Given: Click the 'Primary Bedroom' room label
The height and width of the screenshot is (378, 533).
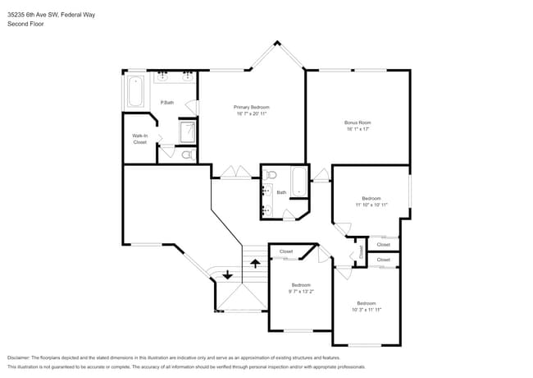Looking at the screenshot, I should click(251, 108).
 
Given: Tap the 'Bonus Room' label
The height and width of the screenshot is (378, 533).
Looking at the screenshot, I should click(358, 122).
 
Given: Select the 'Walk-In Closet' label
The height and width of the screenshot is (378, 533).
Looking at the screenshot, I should click(140, 139).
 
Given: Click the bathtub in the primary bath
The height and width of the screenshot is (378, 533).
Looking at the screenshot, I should click(134, 91).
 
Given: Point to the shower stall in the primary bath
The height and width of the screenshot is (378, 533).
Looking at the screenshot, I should click(188, 131).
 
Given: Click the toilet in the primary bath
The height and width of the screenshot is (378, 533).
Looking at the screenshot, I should click(186, 154).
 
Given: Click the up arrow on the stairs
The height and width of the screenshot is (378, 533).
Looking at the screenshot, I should click(255, 264).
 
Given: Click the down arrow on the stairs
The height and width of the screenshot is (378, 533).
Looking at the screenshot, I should click(227, 275).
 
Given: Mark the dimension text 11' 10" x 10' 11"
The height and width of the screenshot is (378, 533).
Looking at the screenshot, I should click(371, 205).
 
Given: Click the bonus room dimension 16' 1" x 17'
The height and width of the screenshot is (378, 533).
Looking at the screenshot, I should click(358, 129).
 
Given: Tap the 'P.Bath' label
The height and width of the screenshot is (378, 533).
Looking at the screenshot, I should click(166, 103).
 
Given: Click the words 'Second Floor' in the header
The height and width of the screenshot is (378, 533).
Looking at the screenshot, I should click(25, 24).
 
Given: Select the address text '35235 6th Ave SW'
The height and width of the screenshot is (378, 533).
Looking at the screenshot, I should click(33, 12).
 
